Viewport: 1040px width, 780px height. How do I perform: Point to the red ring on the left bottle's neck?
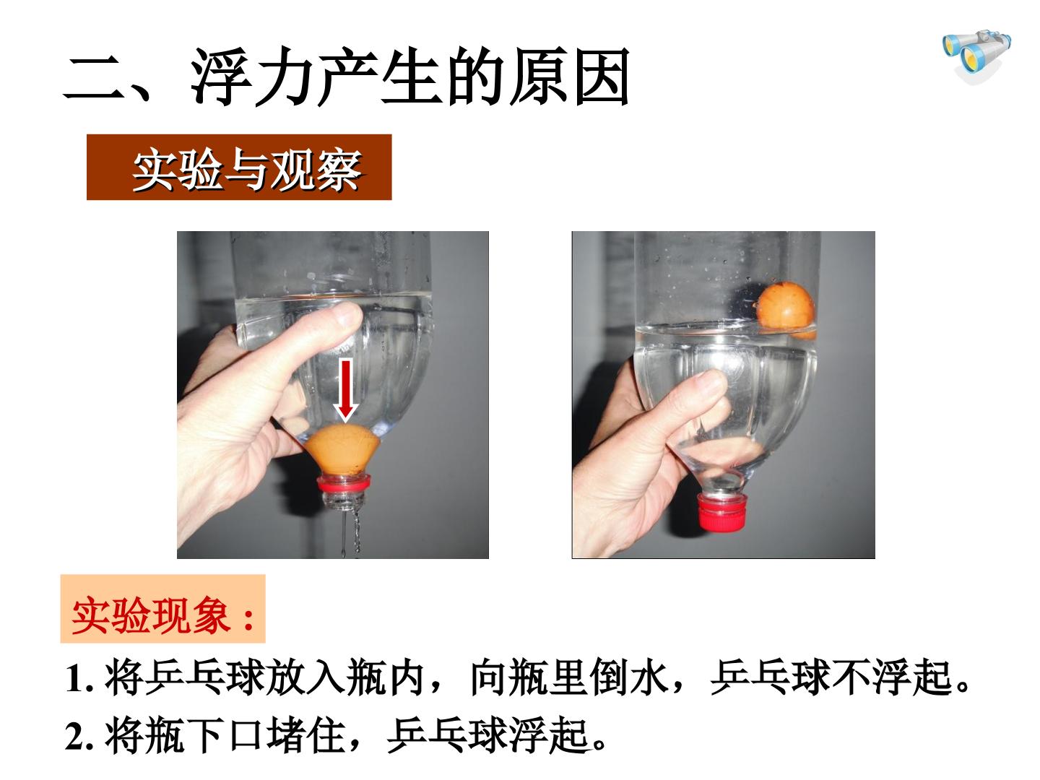(x=344, y=484)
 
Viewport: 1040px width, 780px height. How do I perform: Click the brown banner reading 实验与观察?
(x=239, y=167)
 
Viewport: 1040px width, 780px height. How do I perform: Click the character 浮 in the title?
(x=221, y=76)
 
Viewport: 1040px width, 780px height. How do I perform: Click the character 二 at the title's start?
(x=92, y=78)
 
